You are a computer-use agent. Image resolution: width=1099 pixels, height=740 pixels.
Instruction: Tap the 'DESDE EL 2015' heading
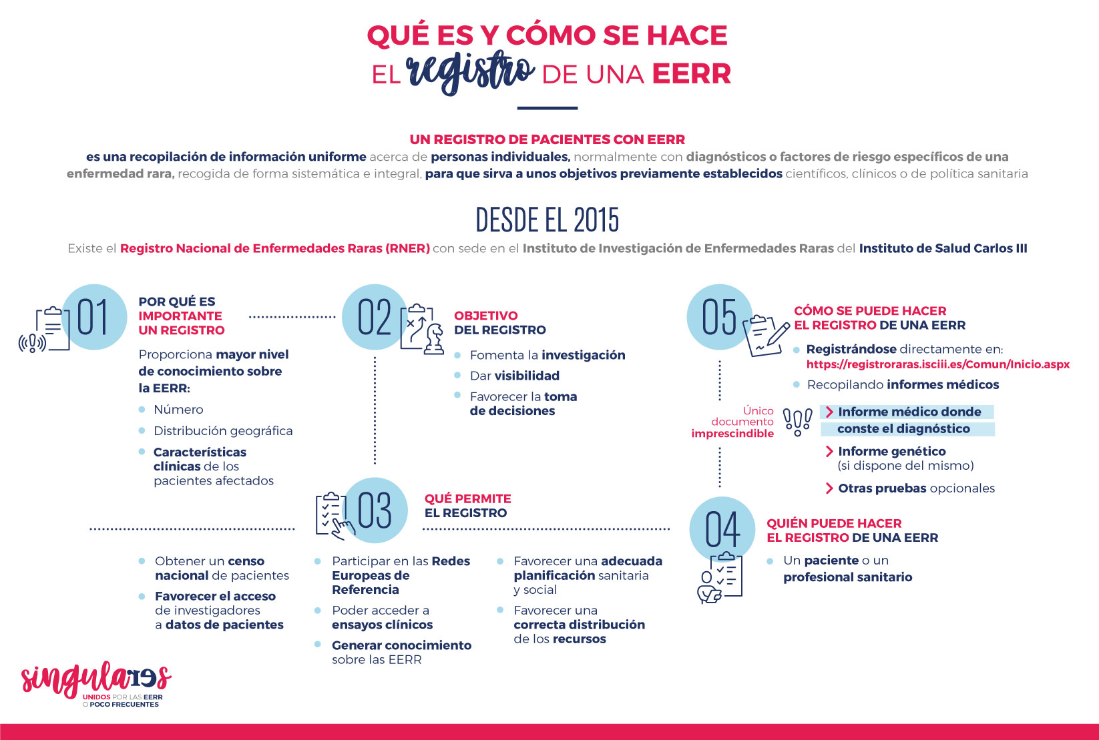click(x=547, y=220)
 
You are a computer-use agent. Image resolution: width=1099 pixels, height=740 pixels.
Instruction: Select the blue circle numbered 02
click(x=374, y=317)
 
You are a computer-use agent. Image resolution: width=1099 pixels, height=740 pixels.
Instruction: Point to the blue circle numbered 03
click(x=375, y=510)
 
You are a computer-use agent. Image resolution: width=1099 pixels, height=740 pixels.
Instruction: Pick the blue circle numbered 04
click(x=722, y=529)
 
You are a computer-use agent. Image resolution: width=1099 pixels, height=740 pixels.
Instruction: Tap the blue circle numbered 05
click(x=719, y=317)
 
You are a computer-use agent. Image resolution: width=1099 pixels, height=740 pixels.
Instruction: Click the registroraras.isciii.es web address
click(x=937, y=364)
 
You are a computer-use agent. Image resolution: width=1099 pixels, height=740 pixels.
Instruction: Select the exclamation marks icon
click(x=797, y=422)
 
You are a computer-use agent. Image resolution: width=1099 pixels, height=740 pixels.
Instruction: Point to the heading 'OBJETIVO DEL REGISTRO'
click(x=499, y=323)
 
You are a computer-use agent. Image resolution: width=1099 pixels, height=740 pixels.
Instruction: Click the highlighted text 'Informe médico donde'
click(x=909, y=412)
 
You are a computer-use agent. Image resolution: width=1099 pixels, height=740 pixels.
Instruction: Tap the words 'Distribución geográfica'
click(x=223, y=431)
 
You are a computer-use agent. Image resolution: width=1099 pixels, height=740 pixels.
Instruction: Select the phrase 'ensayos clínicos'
click(x=382, y=625)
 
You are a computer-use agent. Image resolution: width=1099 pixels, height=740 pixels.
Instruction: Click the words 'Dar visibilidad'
click(x=514, y=376)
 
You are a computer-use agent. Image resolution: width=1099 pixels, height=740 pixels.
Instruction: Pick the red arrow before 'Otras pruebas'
click(x=829, y=488)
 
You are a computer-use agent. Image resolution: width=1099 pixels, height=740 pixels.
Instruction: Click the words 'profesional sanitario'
click(x=847, y=577)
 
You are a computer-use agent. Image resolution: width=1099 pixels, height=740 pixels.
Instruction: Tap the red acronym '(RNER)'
click(x=407, y=249)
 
